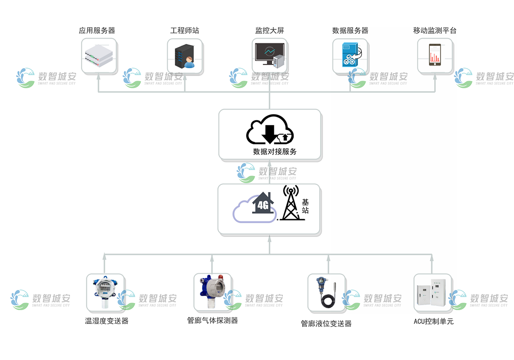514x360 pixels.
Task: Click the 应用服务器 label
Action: coord(97,31)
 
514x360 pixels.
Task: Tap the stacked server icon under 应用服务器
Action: coord(98,56)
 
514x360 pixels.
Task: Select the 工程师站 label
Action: coord(184,31)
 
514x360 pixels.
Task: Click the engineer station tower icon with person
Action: coord(184,56)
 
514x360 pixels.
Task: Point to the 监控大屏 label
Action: coord(269,31)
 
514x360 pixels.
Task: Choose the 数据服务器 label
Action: coord(350,31)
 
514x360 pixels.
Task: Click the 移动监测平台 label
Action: coord(435,31)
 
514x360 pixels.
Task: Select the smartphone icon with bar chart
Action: coord(435,55)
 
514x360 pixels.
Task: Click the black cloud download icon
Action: coord(270,129)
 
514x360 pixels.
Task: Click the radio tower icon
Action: coord(290,204)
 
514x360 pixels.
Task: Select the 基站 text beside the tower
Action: coord(305,206)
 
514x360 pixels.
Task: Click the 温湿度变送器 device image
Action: coord(104,292)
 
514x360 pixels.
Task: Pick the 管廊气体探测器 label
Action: coord(212,320)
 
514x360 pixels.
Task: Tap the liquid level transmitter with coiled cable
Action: coord(326,293)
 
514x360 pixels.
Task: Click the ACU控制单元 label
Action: coord(433,321)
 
